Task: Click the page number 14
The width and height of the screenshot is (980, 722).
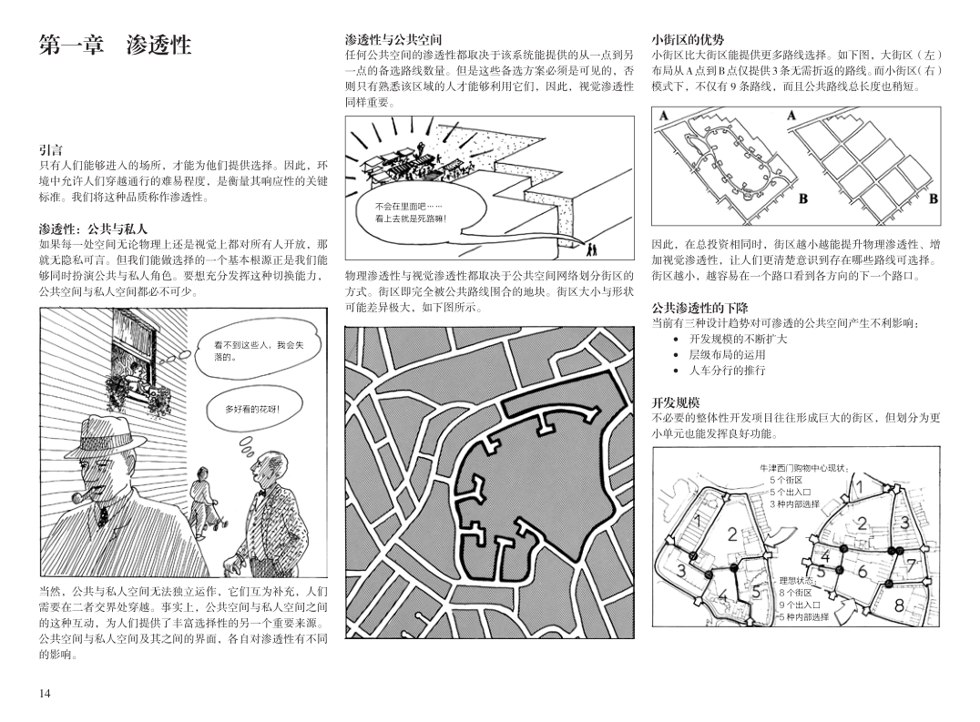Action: [x=45, y=693]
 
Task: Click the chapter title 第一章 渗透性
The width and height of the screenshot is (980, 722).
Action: [x=115, y=45]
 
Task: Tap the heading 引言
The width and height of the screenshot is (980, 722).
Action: [x=51, y=150]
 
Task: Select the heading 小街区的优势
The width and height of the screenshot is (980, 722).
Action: [x=689, y=39]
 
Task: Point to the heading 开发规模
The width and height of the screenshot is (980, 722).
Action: [x=676, y=402]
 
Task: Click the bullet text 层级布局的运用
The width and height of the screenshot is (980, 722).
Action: [x=727, y=354]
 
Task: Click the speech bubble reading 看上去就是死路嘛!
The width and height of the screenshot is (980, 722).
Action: [x=413, y=213]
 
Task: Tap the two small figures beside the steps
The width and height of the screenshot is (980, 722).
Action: [x=590, y=249]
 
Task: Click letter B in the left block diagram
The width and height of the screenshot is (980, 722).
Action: [x=803, y=198]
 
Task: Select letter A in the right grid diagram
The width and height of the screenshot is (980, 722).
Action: [x=791, y=116]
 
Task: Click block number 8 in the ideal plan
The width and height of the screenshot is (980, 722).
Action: [x=899, y=605]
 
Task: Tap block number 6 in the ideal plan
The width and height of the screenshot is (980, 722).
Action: [x=863, y=571]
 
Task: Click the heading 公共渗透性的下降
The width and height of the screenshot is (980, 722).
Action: [x=700, y=308]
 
